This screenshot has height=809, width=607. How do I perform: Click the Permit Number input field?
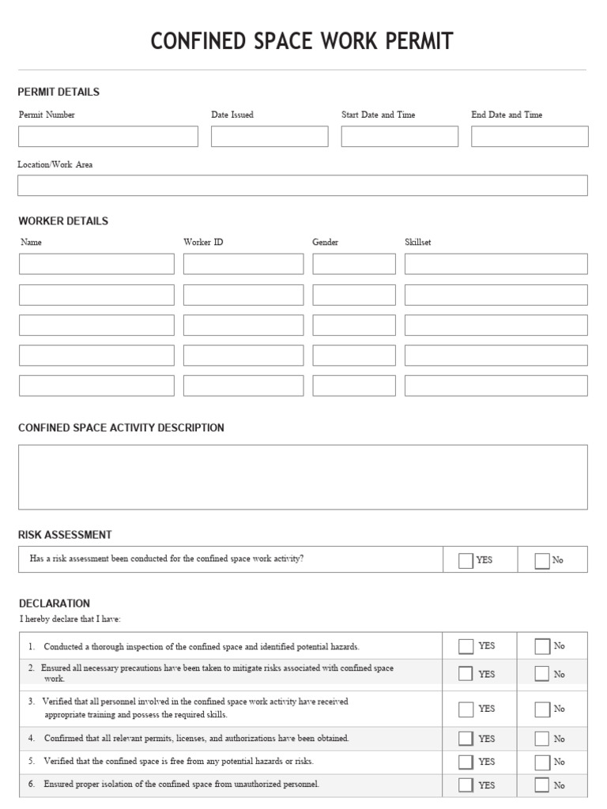[x=108, y=137]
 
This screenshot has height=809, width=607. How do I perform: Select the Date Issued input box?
[x=270, y=137]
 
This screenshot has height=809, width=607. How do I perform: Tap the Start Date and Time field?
[x=399, y=137]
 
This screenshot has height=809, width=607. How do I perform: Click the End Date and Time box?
[x=530, y=137]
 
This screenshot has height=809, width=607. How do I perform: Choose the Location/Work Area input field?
[x=303, y=186]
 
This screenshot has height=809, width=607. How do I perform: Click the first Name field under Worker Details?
[x=96, y=264]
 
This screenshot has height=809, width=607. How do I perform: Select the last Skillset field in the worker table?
[x=496, y=386]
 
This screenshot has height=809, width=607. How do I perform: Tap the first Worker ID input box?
[x=243, y=264]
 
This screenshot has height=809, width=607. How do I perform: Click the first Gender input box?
[x=354, y=264]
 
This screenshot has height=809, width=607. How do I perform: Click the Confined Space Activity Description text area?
[x=303, y=477]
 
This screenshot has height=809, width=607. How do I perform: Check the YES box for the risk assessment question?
[x=466, y=560]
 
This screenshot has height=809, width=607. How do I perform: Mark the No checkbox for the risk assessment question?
[x=541, y=560]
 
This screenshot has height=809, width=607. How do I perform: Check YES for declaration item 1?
[x=466, y=646]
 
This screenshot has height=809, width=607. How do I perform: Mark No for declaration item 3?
[x=541, y=709]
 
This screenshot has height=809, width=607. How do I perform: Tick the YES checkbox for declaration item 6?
[x=466, y=785]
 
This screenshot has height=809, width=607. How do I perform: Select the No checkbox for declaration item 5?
[x=541, y=762]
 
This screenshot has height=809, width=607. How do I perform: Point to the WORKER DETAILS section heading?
[x=63, y=220]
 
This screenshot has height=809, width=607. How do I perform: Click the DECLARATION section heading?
[x=54, y=603]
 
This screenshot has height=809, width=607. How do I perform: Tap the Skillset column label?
[x=418, y=243]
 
